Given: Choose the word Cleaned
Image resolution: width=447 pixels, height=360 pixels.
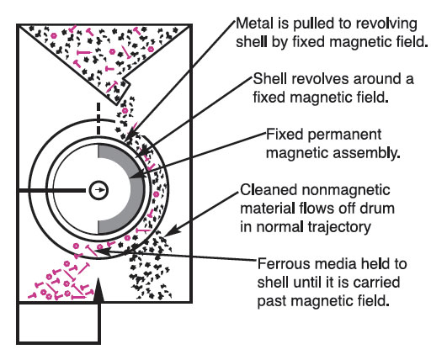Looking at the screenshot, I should coord(267,188).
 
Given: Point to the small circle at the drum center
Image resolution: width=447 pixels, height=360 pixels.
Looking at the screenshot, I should coord(98,190).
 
